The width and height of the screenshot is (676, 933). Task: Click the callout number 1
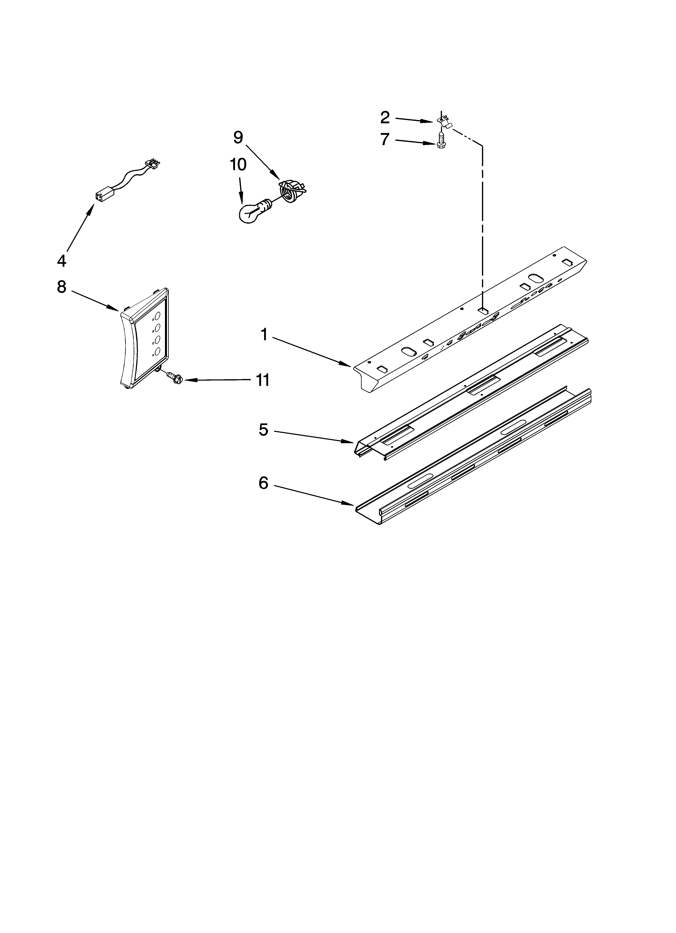tap(264, 335)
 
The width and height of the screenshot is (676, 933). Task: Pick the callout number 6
tap(263, 483)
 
